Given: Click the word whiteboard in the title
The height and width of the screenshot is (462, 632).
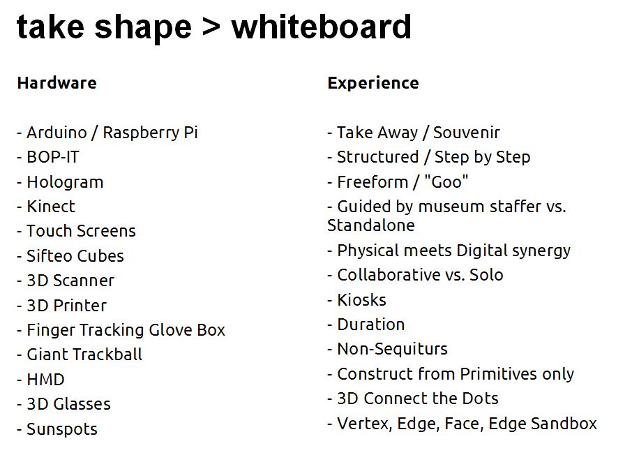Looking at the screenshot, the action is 322,27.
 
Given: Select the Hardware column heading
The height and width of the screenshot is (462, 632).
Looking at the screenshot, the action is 57,83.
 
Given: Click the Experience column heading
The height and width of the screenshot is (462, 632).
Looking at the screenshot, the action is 373,83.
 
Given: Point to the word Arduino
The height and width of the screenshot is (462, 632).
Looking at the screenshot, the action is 57,133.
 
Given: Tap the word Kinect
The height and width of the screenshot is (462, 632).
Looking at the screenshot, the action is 51,207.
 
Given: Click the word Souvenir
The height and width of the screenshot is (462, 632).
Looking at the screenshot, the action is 467,133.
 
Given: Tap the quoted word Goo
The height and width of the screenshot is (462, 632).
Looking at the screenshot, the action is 446,182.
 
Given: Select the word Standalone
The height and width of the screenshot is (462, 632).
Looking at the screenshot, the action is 371,225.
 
